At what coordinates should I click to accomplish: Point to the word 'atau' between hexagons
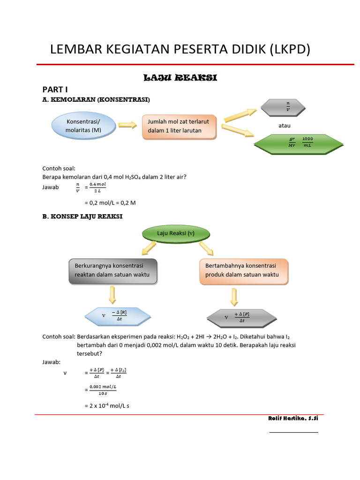(285, 126)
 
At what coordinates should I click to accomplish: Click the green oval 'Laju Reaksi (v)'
(175, 233)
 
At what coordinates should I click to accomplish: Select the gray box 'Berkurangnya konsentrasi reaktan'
(112, 270)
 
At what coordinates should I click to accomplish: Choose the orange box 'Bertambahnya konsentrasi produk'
(244, 270)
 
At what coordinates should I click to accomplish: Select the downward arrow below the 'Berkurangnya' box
(112, 295)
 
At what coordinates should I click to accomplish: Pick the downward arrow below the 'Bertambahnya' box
(234, 296)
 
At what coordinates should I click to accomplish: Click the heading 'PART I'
(55, 89)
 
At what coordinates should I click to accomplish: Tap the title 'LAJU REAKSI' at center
(180, 78)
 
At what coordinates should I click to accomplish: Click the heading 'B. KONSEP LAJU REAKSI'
(82, 217)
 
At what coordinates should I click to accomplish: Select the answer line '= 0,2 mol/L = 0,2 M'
(110, 202)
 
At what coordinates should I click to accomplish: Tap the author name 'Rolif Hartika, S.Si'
(290, 418)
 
